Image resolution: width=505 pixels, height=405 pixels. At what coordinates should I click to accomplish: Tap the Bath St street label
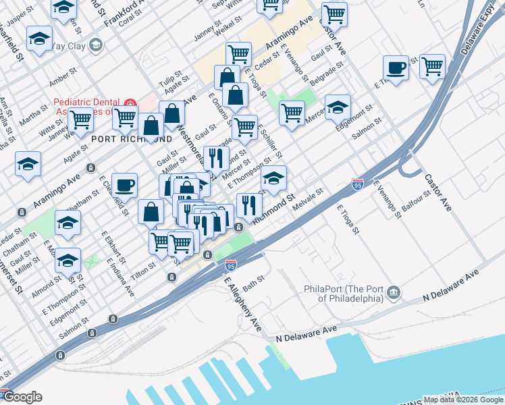[253, 281]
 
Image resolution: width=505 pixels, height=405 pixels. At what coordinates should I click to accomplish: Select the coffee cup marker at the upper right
[396, 67]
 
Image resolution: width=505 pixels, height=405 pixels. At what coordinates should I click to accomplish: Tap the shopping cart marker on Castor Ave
[334, 13]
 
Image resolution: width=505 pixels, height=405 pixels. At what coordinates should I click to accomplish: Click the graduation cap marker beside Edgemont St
[338, 107]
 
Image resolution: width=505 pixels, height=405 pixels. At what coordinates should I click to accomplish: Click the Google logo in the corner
[22, 397]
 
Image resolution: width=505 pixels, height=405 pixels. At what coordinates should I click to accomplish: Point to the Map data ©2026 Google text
[463, 399]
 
